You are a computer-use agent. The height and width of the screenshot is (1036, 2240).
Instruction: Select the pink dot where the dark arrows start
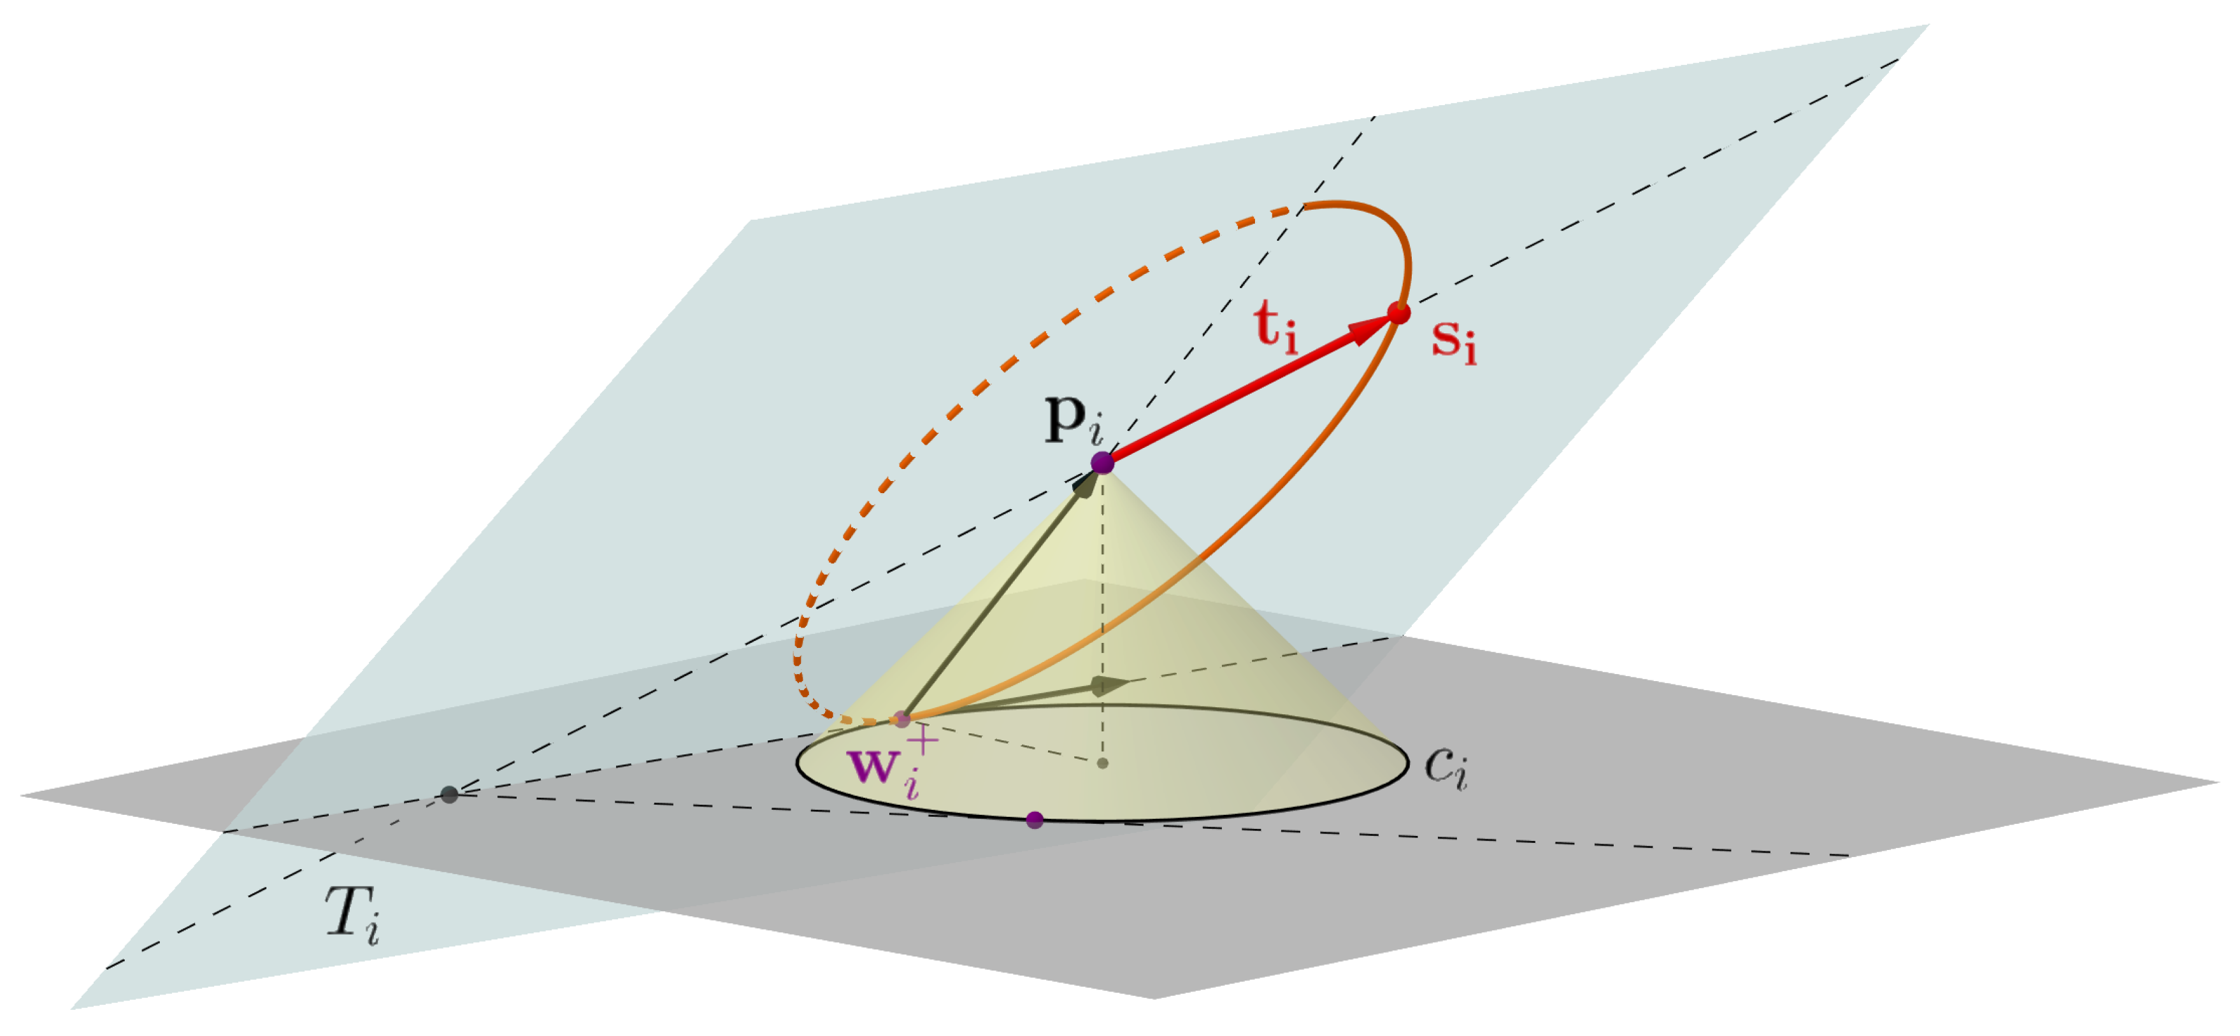[x=901, y=719]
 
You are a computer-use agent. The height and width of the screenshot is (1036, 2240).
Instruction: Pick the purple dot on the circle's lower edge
[x=1035, y=819]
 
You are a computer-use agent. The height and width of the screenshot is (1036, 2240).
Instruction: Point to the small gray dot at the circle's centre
[x=1103, y=764]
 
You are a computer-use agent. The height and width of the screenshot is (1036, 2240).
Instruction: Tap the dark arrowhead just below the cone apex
[x=1086, y=484]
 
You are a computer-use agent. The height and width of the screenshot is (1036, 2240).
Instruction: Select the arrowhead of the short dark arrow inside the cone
[x=1108, y=686]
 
